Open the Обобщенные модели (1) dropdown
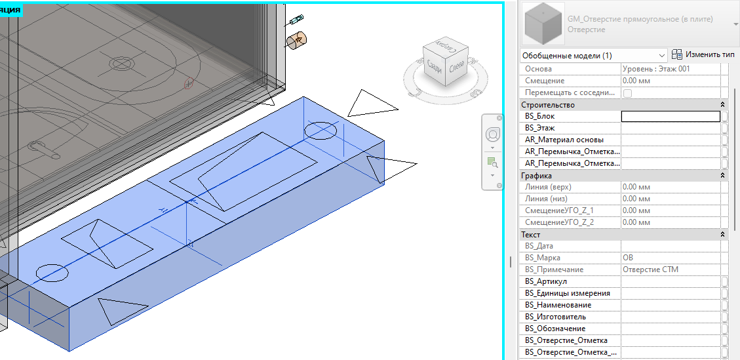[593, 56]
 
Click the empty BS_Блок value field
[670, 116]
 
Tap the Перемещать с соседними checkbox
[627, 93]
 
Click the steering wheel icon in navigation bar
[492, 134]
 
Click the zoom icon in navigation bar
[492, 162]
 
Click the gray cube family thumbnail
[541, 24]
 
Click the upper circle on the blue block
[321, 131]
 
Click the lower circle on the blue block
[52, 273]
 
